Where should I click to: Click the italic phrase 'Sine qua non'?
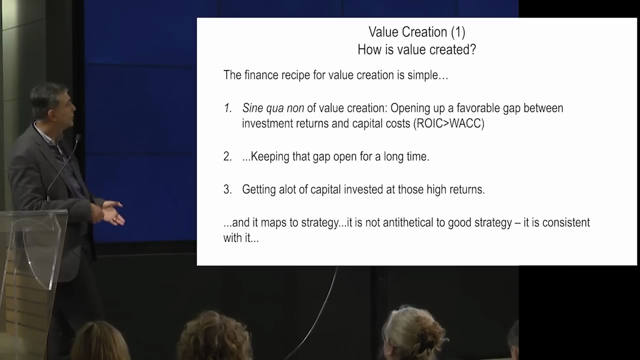click(x=273, y=108)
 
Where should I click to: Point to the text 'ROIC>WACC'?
click(x=449, y=123)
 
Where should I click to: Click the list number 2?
click(x=227, y=156)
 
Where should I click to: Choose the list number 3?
click(x=227, y=189)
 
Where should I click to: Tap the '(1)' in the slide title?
click(x=458, y=31)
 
